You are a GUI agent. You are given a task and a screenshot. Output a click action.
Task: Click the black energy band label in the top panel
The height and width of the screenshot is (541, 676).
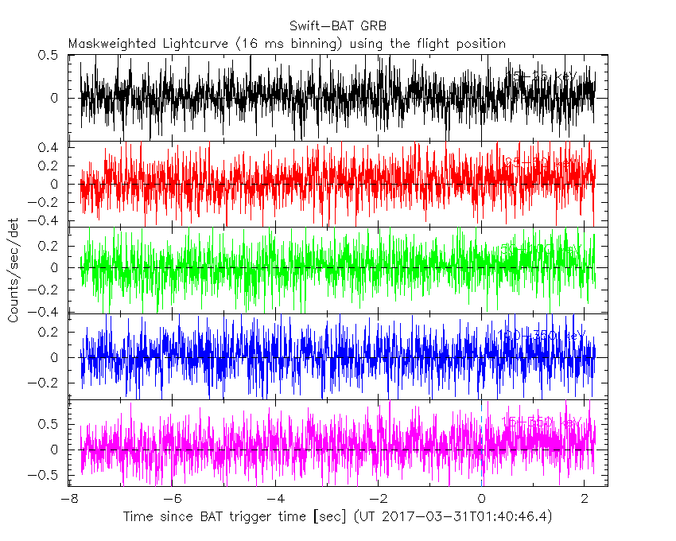click(544, 76)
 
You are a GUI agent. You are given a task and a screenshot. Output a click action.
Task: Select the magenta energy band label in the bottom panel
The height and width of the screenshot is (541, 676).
click(542, 421)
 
